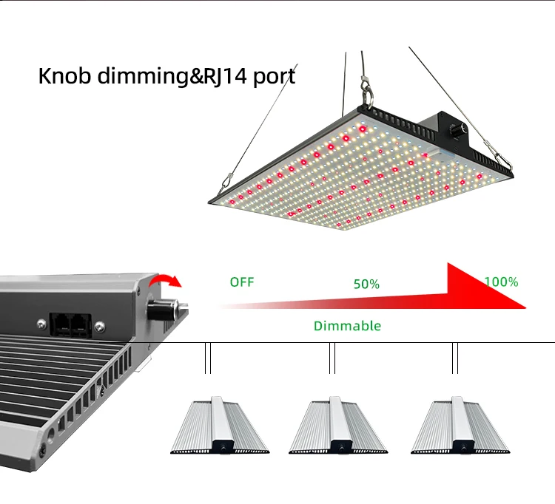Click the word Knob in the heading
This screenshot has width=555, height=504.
tap(64, 76)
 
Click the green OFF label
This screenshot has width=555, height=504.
tap(241, 282)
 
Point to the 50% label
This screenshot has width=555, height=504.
tap(366, 284)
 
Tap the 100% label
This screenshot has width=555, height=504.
tap(501, 282)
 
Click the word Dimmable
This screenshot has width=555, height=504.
tap(347, 325)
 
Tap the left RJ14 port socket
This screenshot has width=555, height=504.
tap(60, 324)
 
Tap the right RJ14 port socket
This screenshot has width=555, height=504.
tap(79, 324)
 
